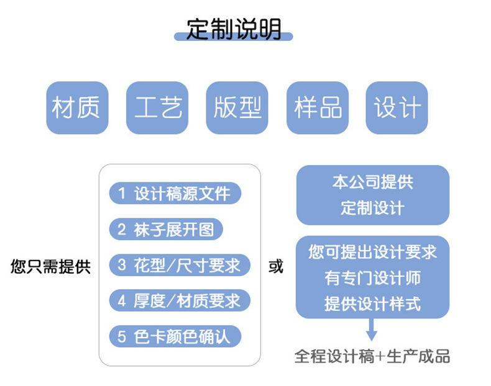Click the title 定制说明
(x=234, y=29)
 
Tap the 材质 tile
(x=77, y=107)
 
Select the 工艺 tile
(x=157, y=107)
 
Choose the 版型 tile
(x=237, y=107)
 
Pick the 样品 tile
(x=318, y=107)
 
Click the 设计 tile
(x=397, y=107)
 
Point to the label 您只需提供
(x=50, y=267)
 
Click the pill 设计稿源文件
(x=175, y=193)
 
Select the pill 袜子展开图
(x=166, y=229)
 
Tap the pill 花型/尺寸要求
(x=180, y=265)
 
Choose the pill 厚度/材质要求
(x=180, y=301)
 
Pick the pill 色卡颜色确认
(x=175, y=336)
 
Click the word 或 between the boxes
(x=276, y=266)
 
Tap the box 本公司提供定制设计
(x=373, y=195)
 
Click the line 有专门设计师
(x=373, y=277)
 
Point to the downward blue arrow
(x=372, y=330)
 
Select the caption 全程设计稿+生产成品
(x=372, y=356)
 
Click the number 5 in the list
(x=121, y=337)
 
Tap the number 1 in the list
(x=122, y=193)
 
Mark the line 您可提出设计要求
(x=373, y=251)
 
